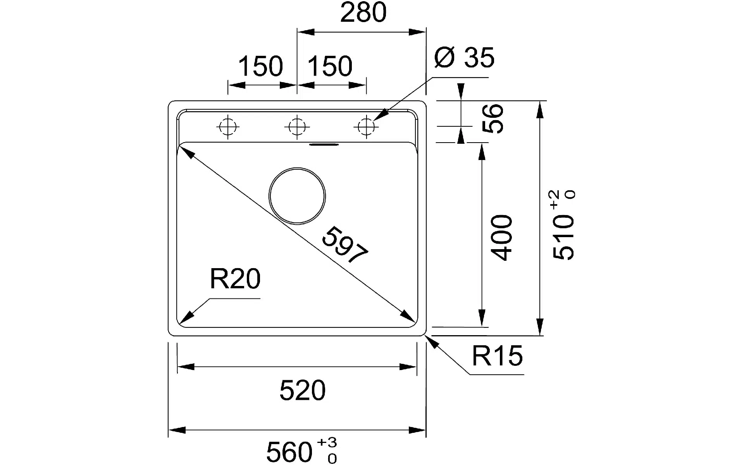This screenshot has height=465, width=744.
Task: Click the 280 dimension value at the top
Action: [363, 12]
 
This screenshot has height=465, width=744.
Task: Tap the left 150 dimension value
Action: [260, 66]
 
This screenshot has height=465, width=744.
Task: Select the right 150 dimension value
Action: [330, 66]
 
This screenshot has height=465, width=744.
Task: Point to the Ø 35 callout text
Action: [464, 58]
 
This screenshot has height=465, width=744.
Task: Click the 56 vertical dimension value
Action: [494, 119]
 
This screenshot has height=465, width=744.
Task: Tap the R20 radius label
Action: [235, 279]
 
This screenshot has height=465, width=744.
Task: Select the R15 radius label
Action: [497, 356]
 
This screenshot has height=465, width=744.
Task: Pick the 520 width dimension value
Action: [302, 391]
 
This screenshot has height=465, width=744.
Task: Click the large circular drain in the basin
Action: [297, 196]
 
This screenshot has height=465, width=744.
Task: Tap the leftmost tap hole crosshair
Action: [228, 127]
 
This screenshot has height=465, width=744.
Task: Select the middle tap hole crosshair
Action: [297, 127]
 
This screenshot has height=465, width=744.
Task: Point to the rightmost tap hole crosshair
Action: [366, 127]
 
